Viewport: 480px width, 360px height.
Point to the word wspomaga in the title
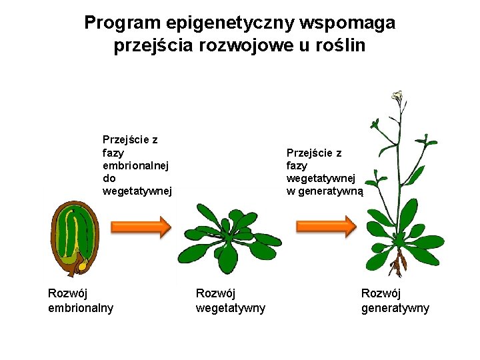pyautogui.click(x=347, y=23)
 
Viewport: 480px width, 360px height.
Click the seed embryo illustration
pyautogui.click(x=75, y=239)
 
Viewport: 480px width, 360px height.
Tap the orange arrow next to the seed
pyautogui.click(x=140, y=227)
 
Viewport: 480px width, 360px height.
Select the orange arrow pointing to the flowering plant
pyautogui.click(x=326, y=227)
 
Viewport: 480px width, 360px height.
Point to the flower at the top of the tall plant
pyautogui.click(x=399, y=96)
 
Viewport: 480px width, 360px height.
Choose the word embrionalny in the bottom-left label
pyautogui.click(x=81, y=308)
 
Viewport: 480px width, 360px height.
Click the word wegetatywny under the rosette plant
pyautogui.click(x=230, y=308)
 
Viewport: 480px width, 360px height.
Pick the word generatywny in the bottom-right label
pyautogui.click(x=395, y=308)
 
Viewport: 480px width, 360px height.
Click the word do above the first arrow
pyautogui.click(x=109, y=178)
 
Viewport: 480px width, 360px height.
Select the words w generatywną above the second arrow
pyautogui.click(x=325, y=191)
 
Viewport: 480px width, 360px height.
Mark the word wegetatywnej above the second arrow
pyautogui.click(x=321, y=178)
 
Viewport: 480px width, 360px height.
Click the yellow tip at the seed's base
pyautogui.click(x=83, y=265)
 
